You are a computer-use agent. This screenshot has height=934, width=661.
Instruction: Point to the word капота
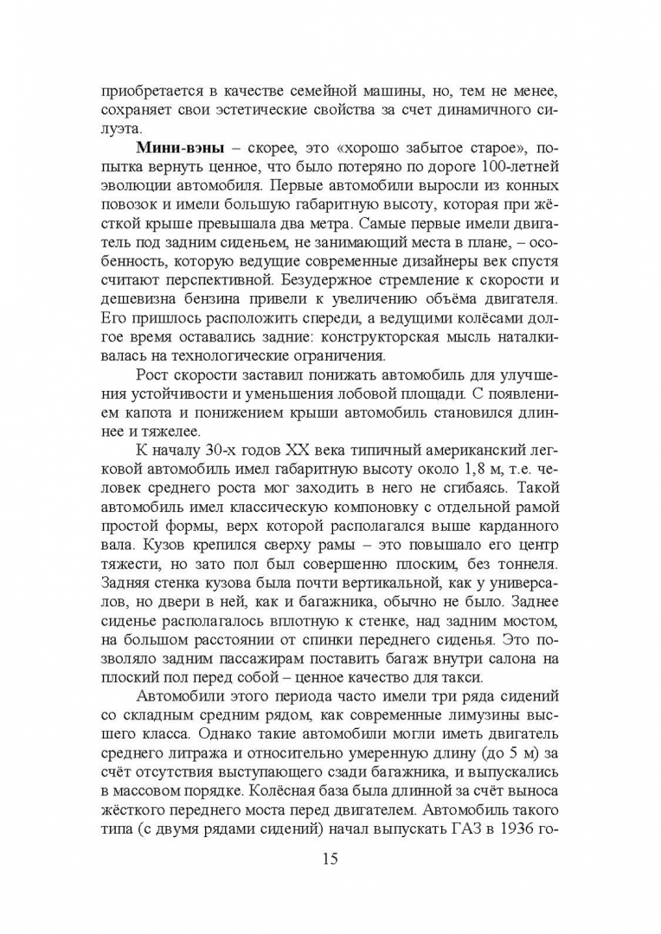click(x=185, y=412)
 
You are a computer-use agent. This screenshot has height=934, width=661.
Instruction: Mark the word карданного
click(x=520, y=526)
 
